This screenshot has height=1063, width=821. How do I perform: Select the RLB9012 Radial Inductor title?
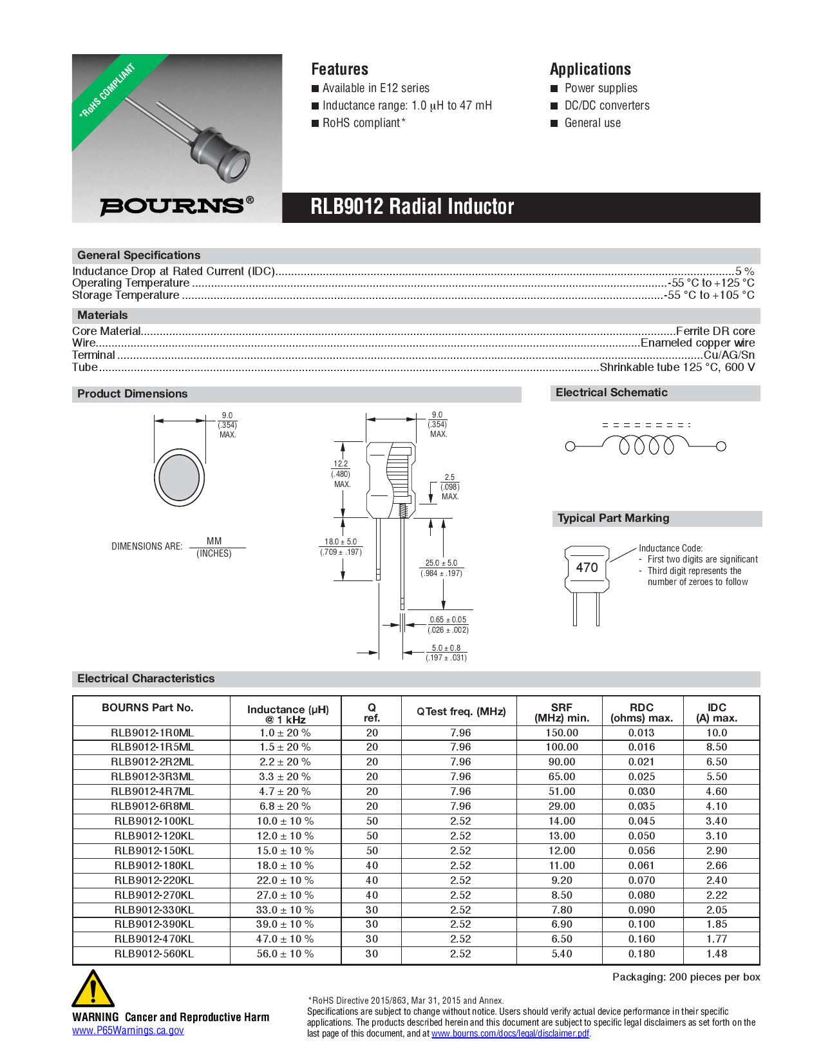[412, 207]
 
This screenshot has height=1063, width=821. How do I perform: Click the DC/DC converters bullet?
[607, 106]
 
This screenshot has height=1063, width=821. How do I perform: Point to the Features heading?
[339, 69]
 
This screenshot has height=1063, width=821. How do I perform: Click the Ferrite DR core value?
[715, 331]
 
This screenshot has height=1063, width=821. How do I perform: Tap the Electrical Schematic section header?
[611, 393]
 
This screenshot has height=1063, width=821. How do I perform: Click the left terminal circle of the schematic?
[570, 446]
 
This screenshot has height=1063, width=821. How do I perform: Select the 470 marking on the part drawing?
[587, 568]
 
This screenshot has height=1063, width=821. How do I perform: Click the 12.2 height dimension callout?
[341, 464]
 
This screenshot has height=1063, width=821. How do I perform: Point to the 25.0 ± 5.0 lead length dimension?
[441, 563]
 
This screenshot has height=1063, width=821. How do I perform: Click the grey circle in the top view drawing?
[179, 478]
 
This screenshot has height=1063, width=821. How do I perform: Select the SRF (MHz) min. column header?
[561, 713]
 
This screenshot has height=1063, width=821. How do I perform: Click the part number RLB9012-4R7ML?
[152, 792]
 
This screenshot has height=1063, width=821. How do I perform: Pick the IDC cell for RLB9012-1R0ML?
[716, 733]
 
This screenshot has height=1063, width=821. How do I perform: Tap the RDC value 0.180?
[641, 954]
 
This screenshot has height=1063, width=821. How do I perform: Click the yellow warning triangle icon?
[93, 990]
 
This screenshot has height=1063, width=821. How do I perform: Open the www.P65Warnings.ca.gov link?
[128, 1031]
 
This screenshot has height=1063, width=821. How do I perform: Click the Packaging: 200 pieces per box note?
[686, 977]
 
